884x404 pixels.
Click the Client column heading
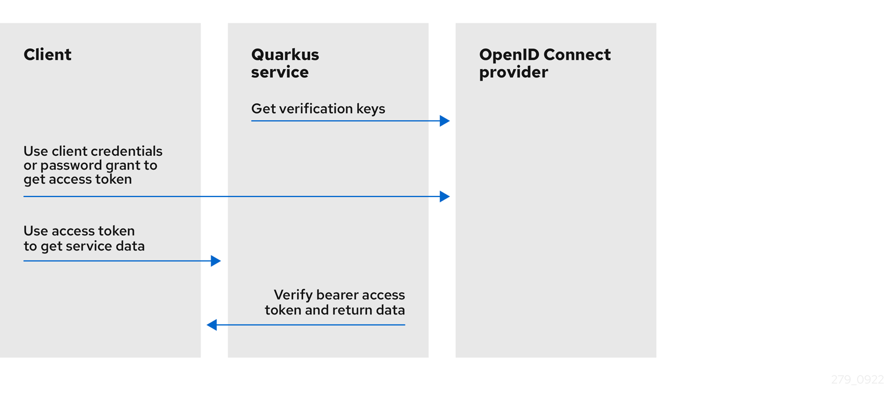(x=48, y=55)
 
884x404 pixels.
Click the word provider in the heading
(x=514, y=73)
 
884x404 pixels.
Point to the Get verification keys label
(x=318, y=109)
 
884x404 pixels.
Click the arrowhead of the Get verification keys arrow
(x=445, y=121)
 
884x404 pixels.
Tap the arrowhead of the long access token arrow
(x=445, y=196)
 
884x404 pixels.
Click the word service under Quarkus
(x=280, y=73)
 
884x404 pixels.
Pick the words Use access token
(x=79, y=231)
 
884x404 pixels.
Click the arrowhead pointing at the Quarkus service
(x=216, y=261)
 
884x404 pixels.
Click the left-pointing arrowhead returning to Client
(x=212, y=325)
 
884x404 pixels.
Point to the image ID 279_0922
(x=857, y=380)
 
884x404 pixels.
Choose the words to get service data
(x=84, y=246)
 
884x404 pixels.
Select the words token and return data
(x=334, y=310)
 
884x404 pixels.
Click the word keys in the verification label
(x=370, y=109)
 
